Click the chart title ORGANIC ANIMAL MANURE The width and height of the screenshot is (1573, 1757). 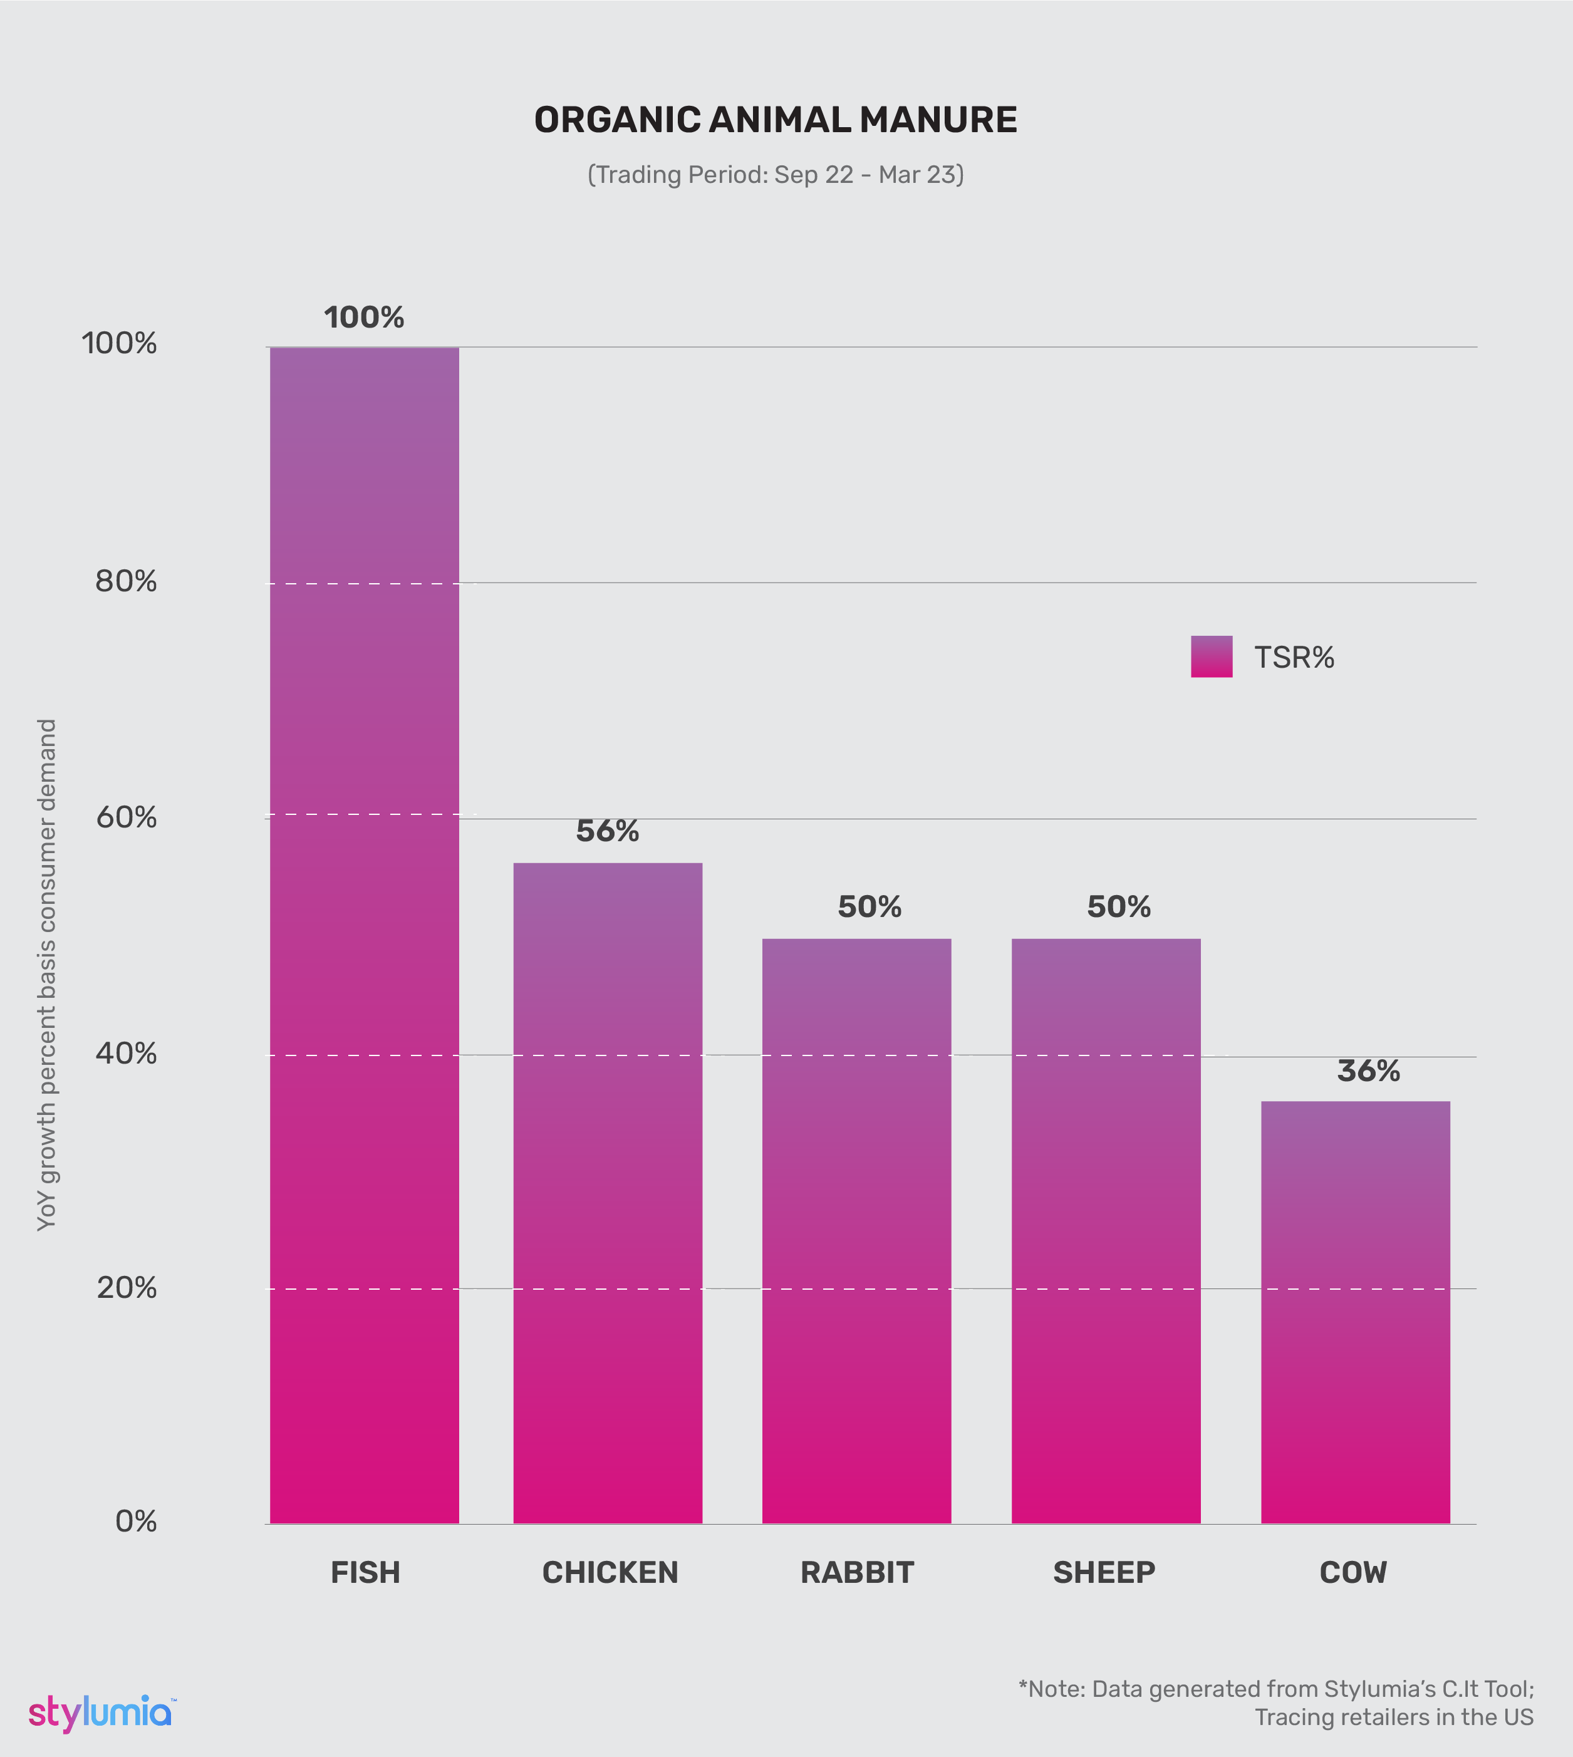coord(776,120)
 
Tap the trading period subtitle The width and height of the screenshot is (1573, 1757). coord(776,175)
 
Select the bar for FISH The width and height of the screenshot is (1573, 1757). coord(364,933)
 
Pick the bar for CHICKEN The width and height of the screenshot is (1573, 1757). coord(608,1193)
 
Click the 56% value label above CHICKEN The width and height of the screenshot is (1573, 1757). coord(608,831)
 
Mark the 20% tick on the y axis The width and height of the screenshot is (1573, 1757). coord(126,1288)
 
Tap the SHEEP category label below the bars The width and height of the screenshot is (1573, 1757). coord(1104,1573)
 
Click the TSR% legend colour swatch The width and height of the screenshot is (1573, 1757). coord(1211,657)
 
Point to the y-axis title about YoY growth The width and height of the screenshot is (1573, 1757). coord(47,974)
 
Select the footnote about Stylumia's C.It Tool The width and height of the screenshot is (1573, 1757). coord(1275,1703)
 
